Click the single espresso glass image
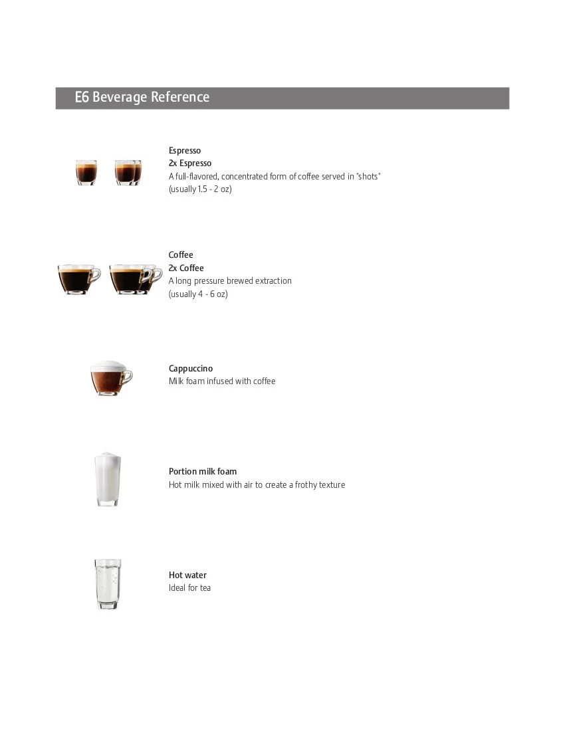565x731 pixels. tap(86, 172)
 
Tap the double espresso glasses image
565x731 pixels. tap(128, 172)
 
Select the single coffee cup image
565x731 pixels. tap(78, 279)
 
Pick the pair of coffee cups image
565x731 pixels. tap(135, 279)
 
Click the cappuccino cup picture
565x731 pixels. tap(110, 378)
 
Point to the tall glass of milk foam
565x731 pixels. tap(107, 478)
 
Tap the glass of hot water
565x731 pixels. tap(107, 583)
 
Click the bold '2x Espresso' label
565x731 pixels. tap(190, 163)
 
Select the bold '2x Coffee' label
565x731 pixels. tap(186, 268)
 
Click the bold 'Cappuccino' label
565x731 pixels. tap(191, 369)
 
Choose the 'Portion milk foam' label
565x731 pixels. tap(203, 472)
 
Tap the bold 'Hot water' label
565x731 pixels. tap(187, 575)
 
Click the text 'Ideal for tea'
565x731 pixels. tap(189, 588)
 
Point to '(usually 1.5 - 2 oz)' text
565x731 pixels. tap(200, 189)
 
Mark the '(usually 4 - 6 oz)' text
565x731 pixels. tap(198, 294)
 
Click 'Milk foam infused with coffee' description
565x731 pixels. tap(222, 381)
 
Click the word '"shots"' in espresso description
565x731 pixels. tap(368, 177)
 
